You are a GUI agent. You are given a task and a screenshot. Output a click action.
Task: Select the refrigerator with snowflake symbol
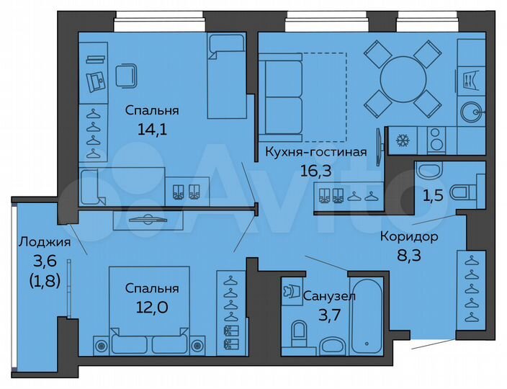(x=399, y=140)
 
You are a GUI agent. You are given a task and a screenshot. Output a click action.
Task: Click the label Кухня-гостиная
(x=315, y=152)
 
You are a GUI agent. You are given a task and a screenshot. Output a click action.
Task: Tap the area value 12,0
(x=152, y=305)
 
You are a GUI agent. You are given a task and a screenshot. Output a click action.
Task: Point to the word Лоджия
(x=45, y=242)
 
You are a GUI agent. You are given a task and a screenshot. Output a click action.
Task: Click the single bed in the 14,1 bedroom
(x=228, y=76)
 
